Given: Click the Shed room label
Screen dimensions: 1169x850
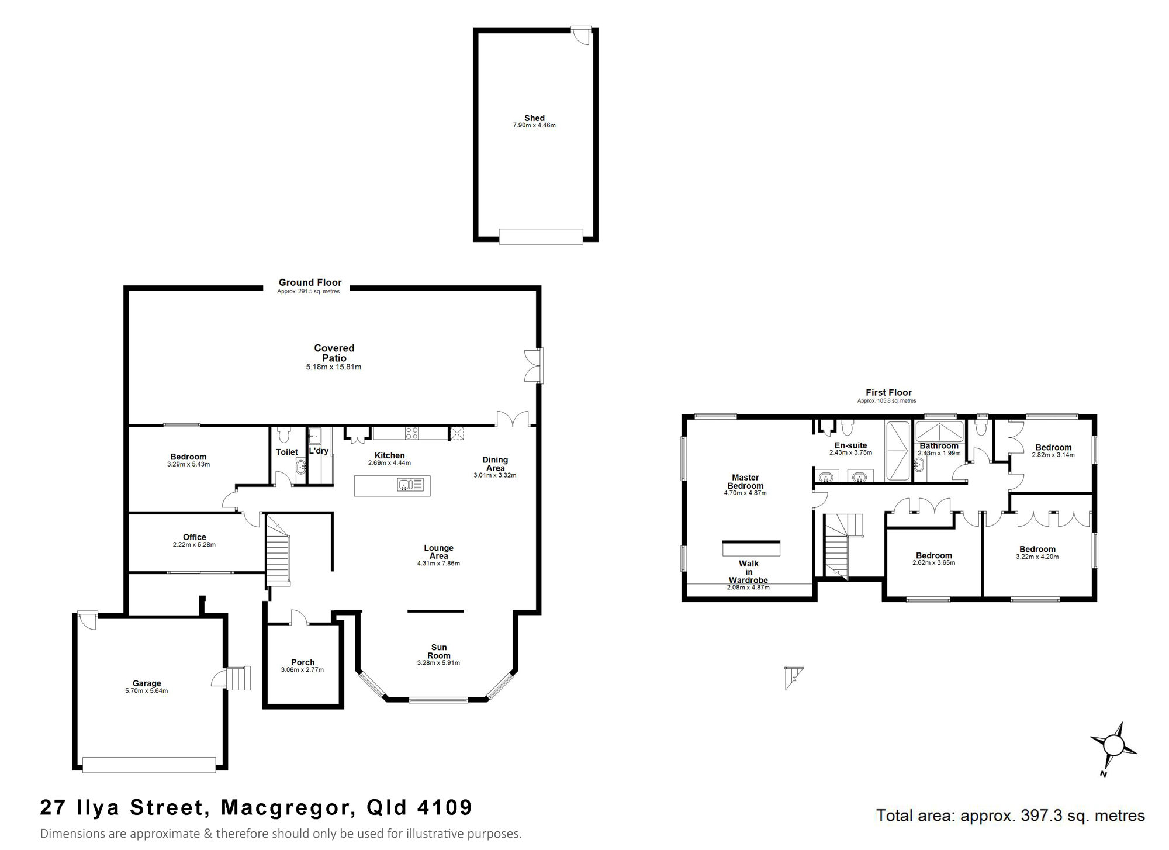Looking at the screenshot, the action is [534, 118].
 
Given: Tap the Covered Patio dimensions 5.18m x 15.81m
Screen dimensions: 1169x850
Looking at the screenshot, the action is [334, 367].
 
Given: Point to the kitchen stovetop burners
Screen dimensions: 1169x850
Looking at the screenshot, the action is [412, 433].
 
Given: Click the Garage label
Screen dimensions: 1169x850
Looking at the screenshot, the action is [147, 683].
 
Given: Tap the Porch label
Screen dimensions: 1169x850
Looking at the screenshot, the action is [303, 662].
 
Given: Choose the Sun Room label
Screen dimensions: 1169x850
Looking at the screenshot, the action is [439, 651].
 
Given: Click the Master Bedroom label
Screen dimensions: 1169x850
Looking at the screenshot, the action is [745, 482].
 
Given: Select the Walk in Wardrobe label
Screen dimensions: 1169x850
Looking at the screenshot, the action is [748, 572].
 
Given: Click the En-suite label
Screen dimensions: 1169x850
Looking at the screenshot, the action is [850, 445].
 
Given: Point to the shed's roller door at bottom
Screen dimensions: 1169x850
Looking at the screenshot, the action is [541, 236].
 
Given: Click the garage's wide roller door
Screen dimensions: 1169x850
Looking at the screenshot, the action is [149, 765].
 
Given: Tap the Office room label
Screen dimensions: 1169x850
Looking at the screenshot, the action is [195, 537].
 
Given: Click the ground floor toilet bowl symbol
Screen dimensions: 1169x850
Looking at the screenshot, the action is [284, 435].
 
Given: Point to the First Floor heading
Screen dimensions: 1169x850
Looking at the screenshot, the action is [888, 392].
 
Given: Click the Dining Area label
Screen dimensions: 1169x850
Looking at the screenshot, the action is [495, 464].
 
